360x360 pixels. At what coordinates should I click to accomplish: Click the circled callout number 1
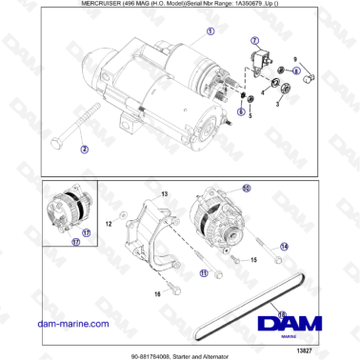(x=210, y=31)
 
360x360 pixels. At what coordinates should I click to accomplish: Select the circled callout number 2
(x=84, y=150)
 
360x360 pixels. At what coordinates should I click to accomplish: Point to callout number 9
(x=294, y=59)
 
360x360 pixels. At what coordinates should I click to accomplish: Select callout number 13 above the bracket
(x=163, y=194)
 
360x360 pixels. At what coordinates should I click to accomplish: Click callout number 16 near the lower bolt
(x=157, y=294)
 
